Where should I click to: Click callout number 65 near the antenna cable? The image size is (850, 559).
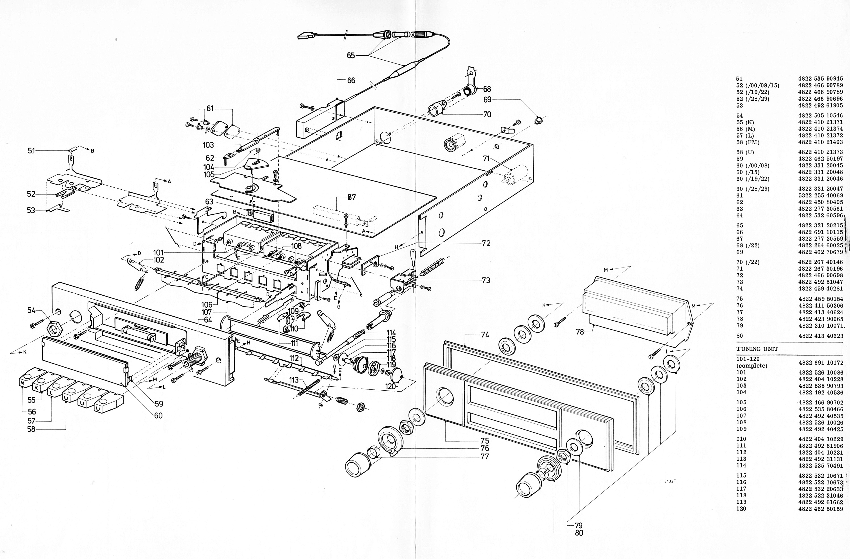point(351,55)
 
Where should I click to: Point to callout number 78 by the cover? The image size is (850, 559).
point(580,332)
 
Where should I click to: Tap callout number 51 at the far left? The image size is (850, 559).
point(31,151)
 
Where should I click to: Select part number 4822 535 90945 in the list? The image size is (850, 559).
point(820,79)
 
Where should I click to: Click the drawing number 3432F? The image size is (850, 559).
point(670,481)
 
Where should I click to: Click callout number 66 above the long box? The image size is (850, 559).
point(351,80)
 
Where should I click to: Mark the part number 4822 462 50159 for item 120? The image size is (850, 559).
point(820,509)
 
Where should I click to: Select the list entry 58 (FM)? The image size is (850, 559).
point(747,142)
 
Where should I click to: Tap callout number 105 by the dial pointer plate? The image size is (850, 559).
point(209,174)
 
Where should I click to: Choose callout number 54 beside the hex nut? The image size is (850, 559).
point(31,310)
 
